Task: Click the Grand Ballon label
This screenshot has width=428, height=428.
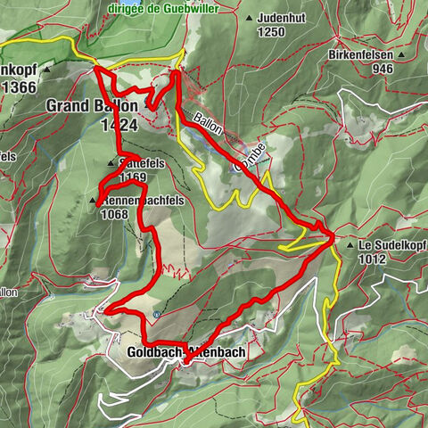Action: click(92, 106)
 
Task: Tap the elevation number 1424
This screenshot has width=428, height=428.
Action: click(119, 127)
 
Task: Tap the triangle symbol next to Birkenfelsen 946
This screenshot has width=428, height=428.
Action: click(401, 54)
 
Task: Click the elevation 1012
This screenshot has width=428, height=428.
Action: click(373, 259)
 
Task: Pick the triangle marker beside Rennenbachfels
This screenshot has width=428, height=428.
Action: click(93, 202)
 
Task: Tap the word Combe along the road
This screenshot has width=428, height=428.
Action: click(251, 154)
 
